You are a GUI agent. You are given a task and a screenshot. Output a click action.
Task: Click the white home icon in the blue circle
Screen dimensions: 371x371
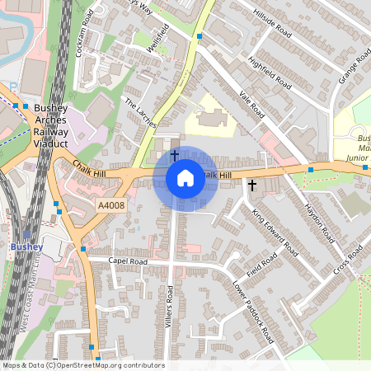pyautogui.click(x=185, y=178)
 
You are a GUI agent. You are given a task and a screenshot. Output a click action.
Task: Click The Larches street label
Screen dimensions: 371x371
pyautogui.click(x=139, y=113)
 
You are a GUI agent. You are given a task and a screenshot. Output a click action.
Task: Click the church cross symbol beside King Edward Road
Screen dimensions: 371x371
pyautogui.click(x=252, y=185)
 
